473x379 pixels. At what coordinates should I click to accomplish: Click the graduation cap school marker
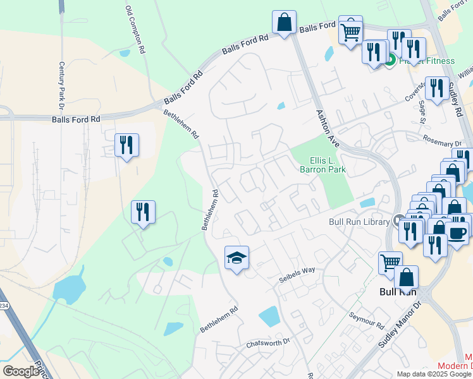pos(236,258)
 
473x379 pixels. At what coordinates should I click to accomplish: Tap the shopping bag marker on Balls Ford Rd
pos(285,23)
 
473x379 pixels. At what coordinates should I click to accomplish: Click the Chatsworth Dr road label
pos(267,345)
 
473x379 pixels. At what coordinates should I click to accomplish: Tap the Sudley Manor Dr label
pos(400,325)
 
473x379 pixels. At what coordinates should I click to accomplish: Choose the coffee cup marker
pos(457,232)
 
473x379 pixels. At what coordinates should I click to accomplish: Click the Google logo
pos(21,371)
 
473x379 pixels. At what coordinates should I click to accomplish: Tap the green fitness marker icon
pos(390,61)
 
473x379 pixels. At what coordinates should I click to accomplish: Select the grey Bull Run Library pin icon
pos(398,220)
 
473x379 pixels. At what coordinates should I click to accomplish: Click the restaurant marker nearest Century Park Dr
pos(126,145)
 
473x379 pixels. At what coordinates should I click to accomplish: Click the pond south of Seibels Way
pos(269,315)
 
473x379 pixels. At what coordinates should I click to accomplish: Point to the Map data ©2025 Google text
pos(433,374)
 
